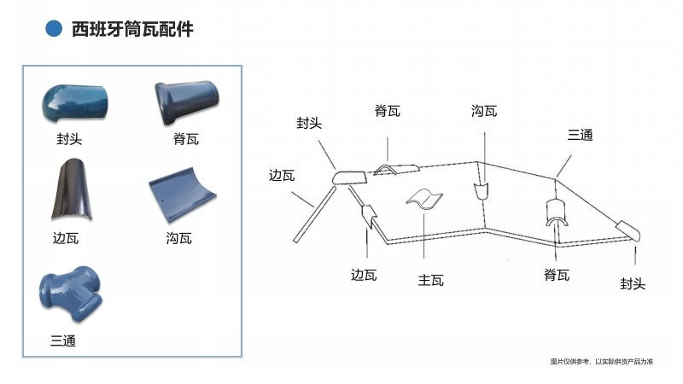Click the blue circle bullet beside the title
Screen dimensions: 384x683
pos(54,29)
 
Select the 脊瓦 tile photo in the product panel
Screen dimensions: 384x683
pos(188,102)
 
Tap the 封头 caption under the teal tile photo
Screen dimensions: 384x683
pos(68,138)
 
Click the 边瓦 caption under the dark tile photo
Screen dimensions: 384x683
pos(66,238)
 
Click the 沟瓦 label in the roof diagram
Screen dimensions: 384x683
pos(483,112)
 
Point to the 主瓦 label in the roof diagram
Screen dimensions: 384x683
pos(431,279)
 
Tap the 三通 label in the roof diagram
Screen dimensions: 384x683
pos(581,135)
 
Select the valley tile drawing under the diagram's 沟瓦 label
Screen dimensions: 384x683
pos(482,189)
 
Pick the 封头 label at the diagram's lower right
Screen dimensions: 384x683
pos(633,283)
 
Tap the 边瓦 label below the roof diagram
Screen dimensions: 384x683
pos(364,275)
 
